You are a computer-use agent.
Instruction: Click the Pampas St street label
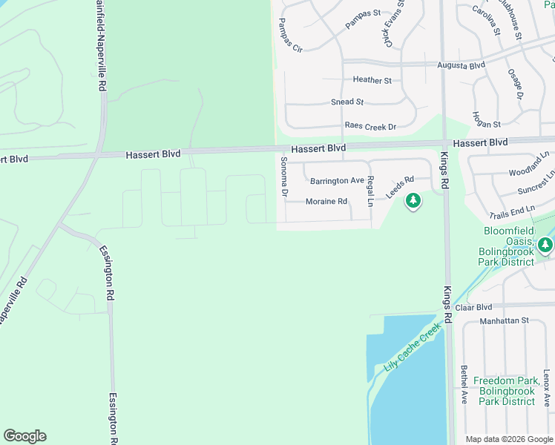(x=363, y=19)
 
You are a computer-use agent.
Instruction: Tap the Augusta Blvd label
(x=461, y=65)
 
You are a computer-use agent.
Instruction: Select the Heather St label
(x=372, y=80)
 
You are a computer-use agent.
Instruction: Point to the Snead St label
(x=347, y=102)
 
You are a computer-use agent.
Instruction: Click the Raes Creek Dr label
(x=370, y=127)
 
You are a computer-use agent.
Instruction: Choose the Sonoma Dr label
(x=283, y=177)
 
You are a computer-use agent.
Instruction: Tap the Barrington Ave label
(x=337, y=181)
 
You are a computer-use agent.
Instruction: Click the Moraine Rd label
(x=326, y=202)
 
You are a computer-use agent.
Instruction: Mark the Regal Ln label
(x=370, y=191)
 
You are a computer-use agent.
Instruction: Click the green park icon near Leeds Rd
(x=413, y=200)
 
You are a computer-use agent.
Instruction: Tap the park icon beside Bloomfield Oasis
(x=545, y=244)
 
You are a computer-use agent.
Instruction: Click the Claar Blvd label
(x=474, y=307)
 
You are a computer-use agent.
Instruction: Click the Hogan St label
(x=486, y=124)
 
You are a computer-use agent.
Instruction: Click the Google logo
(x=24, y=436)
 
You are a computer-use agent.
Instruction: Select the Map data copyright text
(x=509, y=439)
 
